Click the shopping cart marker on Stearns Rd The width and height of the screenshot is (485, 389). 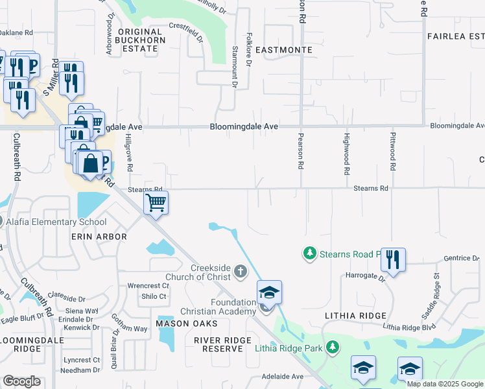(x=156, y=203)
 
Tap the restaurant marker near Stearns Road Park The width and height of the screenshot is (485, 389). (x=393, y=260)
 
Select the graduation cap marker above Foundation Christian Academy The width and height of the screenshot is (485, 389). (x=269, y=293)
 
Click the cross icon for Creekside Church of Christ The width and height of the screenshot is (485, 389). (x=241, y=271)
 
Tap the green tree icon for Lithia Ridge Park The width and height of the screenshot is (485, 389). (x=333, y=348)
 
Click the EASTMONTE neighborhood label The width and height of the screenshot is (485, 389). (x=284, y=50)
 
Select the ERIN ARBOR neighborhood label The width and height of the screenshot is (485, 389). (x=99, y=237)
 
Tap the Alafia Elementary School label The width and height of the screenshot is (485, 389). (x=56, y=222)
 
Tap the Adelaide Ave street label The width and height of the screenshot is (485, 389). (x=283, y=376)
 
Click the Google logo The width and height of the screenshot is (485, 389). (x=22, y=381)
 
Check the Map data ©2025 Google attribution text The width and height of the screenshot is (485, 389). (x=445, y=384)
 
